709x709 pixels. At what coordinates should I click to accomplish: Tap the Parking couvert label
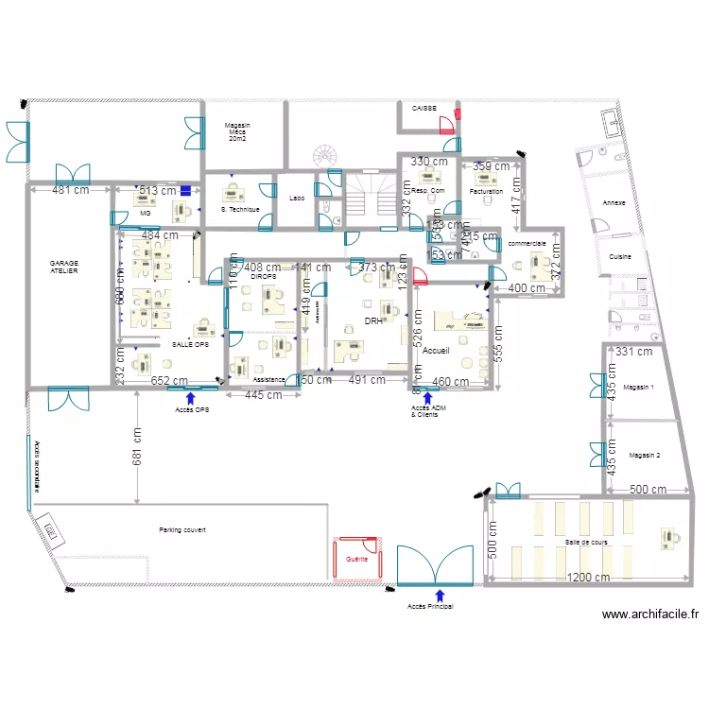[182, 530]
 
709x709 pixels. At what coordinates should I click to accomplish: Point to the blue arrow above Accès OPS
[191, 399]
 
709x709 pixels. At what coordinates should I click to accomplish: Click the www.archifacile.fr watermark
[650, 614]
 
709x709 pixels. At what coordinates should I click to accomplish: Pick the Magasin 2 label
[644, 455]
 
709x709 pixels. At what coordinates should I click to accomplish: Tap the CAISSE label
[424, 109]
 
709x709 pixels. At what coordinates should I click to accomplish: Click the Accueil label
[436, 351]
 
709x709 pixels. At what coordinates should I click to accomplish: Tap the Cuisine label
[620, 256]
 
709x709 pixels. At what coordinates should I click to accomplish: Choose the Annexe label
[614, 203]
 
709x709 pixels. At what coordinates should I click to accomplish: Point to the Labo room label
[296, 199]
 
